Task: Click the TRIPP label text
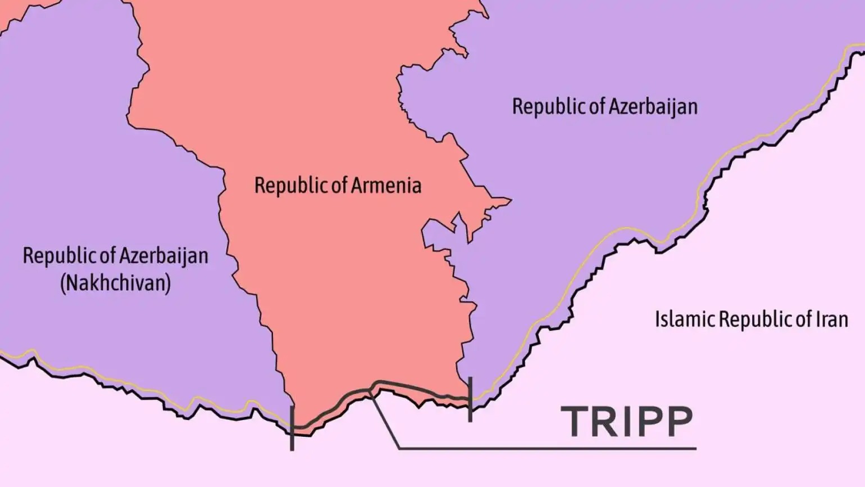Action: coord(627,422)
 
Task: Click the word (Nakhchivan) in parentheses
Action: coord(115,282)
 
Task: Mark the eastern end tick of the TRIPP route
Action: coord(470,399)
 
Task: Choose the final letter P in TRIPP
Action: coord(678,422)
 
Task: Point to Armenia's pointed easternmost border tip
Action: coord(510,200)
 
